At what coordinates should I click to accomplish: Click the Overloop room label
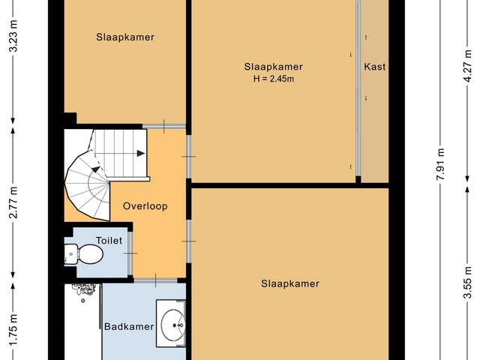point(146,206)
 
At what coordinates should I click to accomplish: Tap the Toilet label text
point(109,241)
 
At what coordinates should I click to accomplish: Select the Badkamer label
point(129,326)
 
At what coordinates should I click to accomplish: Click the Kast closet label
point(375,67)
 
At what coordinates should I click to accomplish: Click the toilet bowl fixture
point(90,256)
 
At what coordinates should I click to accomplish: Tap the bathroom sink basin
point(173,324)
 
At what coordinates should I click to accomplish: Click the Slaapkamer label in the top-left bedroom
point(125,37)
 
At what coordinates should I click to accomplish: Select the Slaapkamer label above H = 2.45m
point(273,67)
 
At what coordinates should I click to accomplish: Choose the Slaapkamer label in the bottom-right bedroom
point(290,283)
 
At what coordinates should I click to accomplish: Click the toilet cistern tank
point(70,256)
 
